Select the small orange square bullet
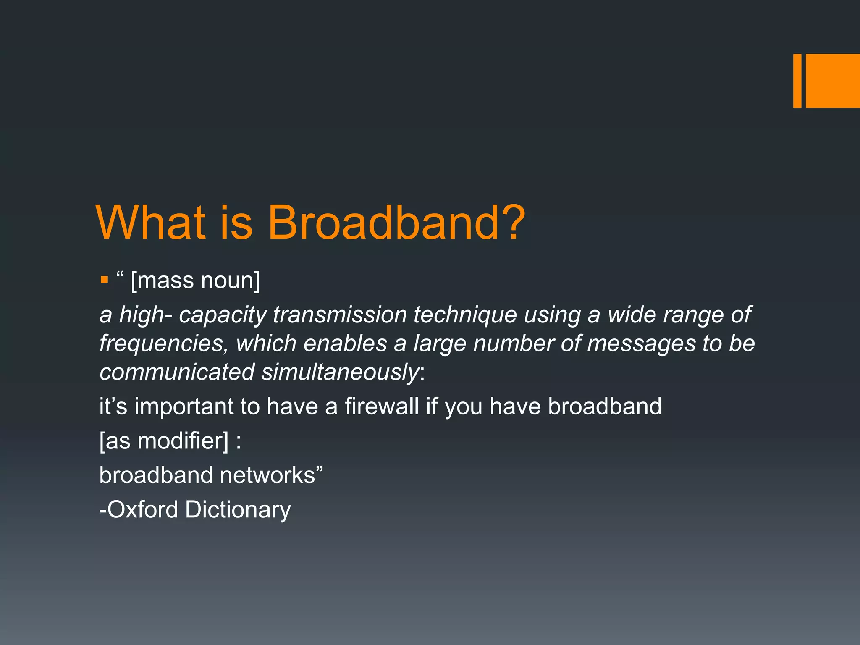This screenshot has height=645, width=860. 105,280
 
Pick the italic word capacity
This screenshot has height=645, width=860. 223,315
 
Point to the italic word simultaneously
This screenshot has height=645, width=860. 340,372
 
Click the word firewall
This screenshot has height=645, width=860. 382,406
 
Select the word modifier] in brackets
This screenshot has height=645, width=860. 183,441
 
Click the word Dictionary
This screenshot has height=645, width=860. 238,510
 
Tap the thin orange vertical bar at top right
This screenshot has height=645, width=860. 797,81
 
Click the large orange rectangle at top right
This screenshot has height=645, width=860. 833,81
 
